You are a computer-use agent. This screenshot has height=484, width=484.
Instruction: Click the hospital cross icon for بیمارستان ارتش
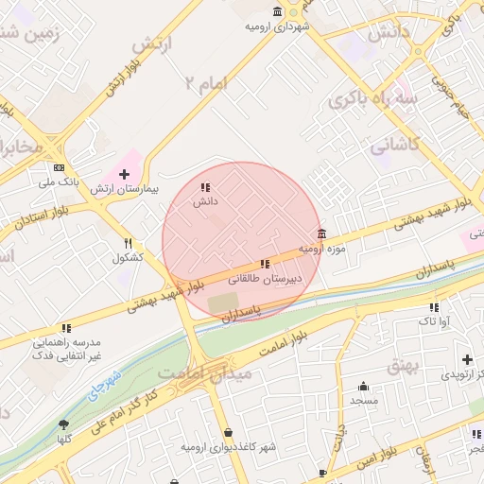(x=124, y=175)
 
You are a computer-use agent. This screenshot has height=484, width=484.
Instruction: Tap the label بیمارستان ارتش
(x=125, y=189)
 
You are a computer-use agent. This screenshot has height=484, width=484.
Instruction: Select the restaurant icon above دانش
(x=206, y=187)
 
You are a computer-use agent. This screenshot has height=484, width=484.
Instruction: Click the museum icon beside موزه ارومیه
(x=322, y=234)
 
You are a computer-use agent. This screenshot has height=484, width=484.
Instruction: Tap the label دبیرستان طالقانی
(x=268, y=279)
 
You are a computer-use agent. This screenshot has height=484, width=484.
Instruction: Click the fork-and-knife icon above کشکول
(x=128, y=243)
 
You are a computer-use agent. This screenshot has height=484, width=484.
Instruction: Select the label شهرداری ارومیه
(x=278, y=26)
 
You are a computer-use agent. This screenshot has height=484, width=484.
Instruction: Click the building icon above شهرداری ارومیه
(x=277, y=11)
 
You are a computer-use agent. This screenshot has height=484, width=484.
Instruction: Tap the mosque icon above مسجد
(x=363, y=387)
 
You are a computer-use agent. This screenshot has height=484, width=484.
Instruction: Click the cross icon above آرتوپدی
(x=466, y=359)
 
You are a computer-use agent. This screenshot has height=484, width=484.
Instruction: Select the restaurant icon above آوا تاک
(x=434, y=307)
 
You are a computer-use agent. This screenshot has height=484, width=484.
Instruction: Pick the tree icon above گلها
(x=63, y=424)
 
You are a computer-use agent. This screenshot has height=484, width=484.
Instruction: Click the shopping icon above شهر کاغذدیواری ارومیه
(x=228, y=433)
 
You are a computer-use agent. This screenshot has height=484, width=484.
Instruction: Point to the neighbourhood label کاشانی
(x=392, y=147)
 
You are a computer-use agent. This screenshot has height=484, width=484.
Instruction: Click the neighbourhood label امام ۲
(x=206, y=85)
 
